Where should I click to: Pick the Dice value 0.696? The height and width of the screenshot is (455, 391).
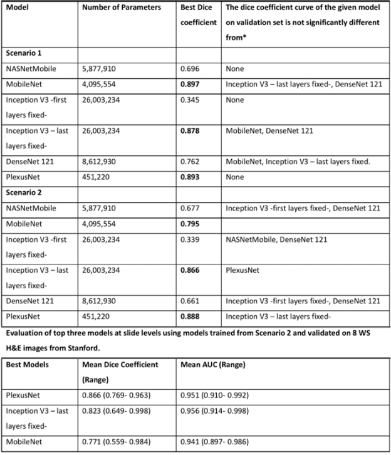[192, 69]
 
